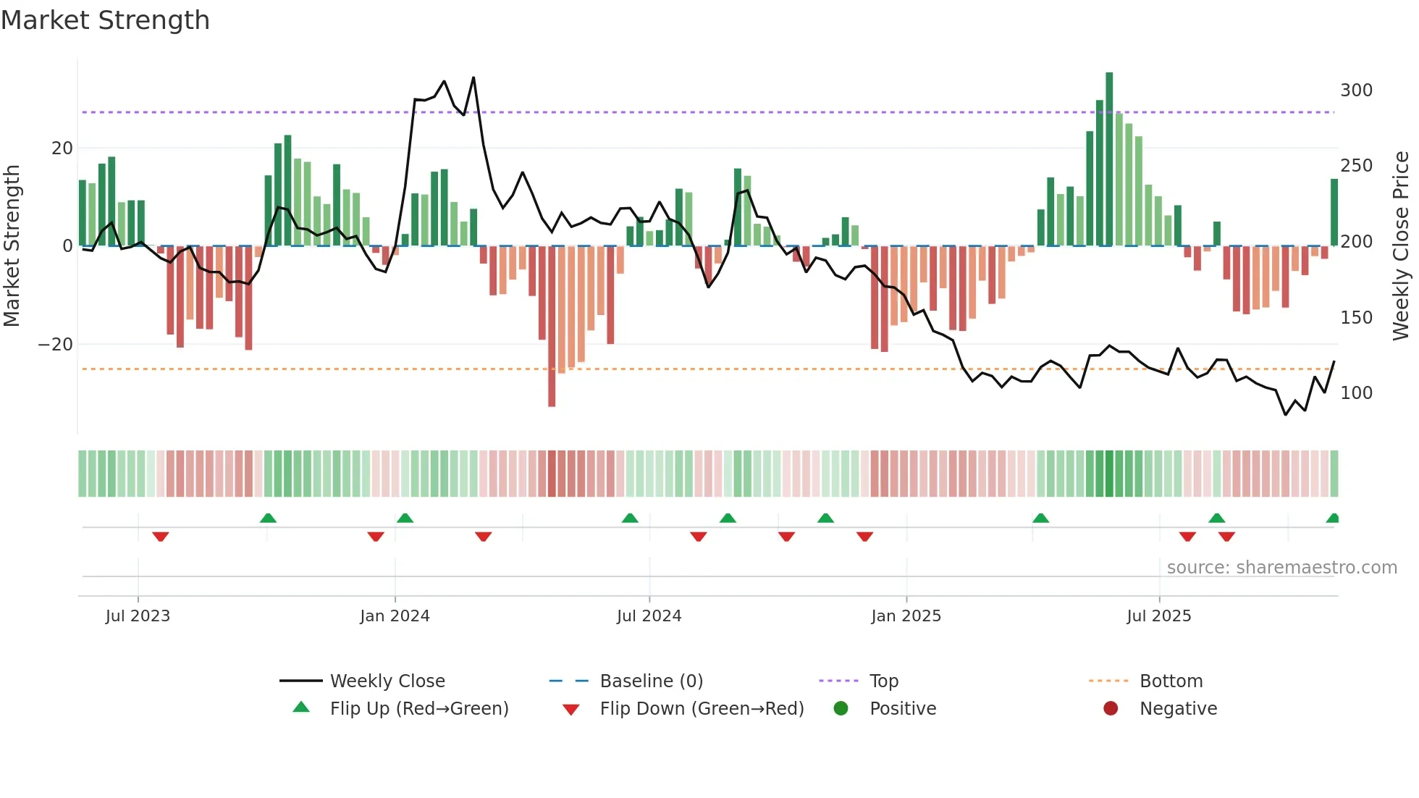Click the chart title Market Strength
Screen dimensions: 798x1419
(x=105, y=20)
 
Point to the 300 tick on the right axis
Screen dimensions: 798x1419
(x=1356, y=91)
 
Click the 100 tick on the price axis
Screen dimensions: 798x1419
(x=1356, y=393)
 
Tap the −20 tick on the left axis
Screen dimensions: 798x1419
(x=56, y=345)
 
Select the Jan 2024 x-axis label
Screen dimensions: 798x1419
(x=395, y=616)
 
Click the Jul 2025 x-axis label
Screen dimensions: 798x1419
(x=1158, y=616)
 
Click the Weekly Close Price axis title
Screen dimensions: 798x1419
(x=1401, y=246)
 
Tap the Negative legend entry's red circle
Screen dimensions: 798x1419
(x=1111, y=708)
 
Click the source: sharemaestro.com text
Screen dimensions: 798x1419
(x=1281, y=568)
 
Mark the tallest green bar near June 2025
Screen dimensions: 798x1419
(x=1109, y=159)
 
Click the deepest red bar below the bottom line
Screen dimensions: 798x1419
(x=552, y=326)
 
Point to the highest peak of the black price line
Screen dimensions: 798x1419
(x=473, y=77)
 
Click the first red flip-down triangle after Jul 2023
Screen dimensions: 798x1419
(x=161, y=537)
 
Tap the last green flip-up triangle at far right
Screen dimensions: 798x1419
(x=1333, y=518)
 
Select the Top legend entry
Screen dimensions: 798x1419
(x=883, y=681)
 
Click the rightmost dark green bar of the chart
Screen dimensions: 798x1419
(x=1334, y=212)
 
